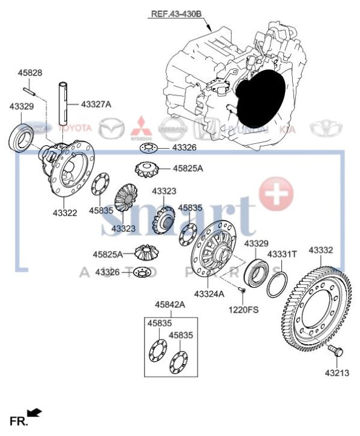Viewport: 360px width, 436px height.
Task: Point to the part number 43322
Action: pyautogui.click(x=64, y=213)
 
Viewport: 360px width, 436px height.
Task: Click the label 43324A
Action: pyautogui.click(x=209, y=294)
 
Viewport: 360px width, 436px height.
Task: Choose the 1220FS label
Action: pyautogui.click(x=243, y=310)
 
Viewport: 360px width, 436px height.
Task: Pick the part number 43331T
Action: pyautogui.click(x=282, y=255)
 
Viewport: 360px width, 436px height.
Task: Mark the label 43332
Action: pyautogui.click(x=321, y=249)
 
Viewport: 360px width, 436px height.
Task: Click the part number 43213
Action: pyautogui.click(x=336, y=373)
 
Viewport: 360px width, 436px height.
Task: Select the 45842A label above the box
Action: pyautogui.click(x=170, y=305)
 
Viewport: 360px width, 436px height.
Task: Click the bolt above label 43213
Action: pyautogui.click(x=333, y=351)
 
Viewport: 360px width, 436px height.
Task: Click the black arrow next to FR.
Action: pyautogui.click(x=34, y=412)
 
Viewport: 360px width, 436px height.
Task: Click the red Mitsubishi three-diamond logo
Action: pyautogui.click(x=143, y=126)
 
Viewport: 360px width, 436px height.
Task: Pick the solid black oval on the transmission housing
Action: pyautogui.click(x=259, y=97)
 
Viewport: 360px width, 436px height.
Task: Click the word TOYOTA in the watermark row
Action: pyautogui.click(x=74, y=128)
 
